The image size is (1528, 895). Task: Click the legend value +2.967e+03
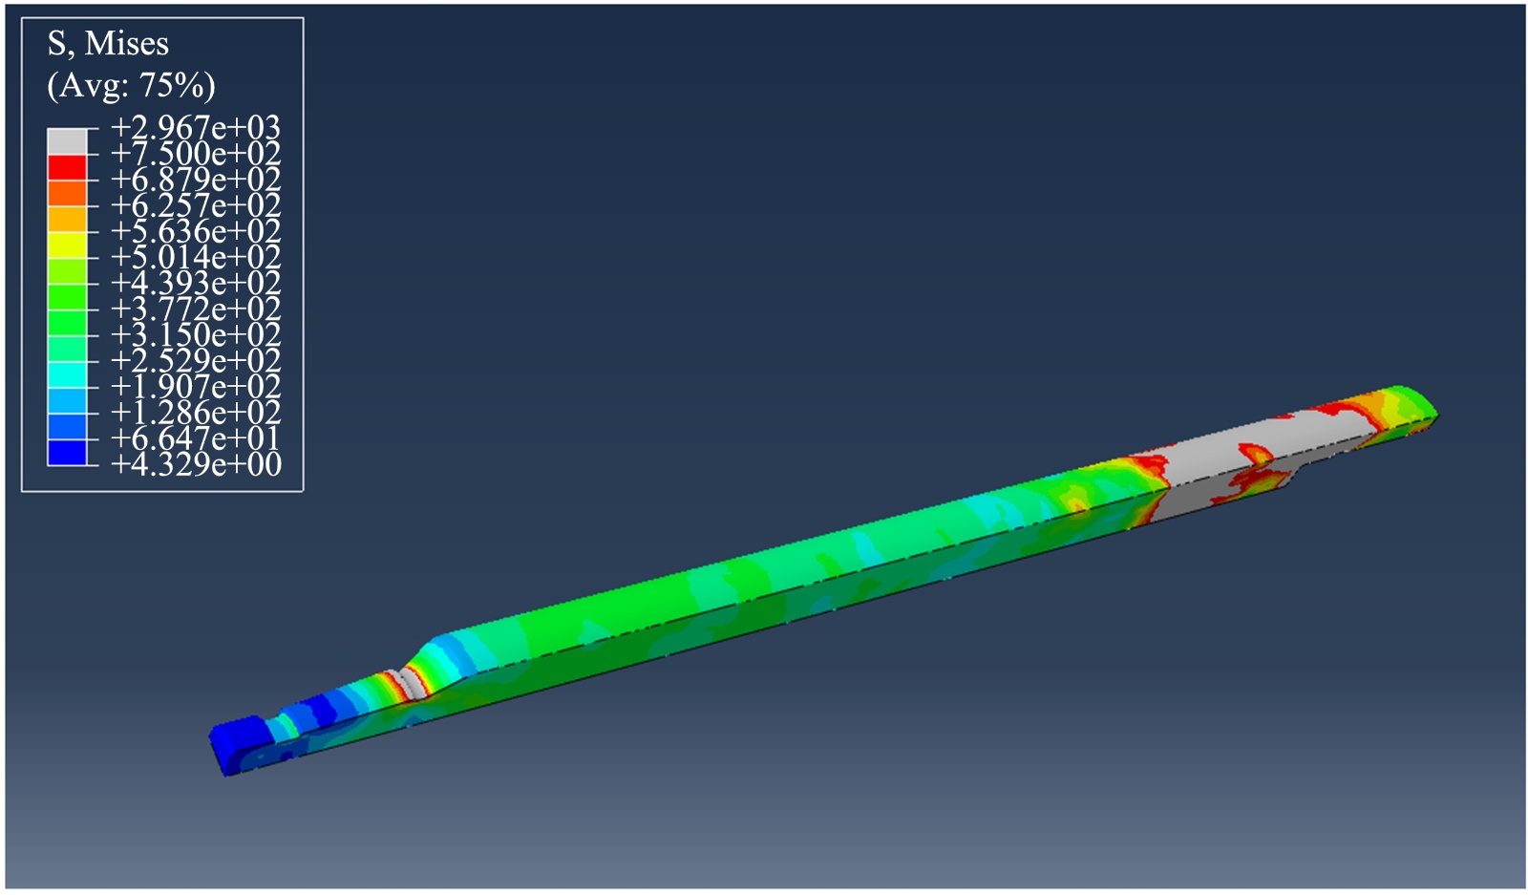196,128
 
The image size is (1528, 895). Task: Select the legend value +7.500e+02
196,154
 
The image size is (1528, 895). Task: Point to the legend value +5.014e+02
196,257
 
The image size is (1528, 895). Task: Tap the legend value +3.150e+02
196,335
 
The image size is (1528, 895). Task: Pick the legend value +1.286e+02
196,413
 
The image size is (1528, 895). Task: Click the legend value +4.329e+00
196,464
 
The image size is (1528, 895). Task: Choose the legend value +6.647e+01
196,438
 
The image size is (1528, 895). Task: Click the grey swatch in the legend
67,141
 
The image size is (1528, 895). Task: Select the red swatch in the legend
67,167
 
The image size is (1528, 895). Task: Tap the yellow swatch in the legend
67,245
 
